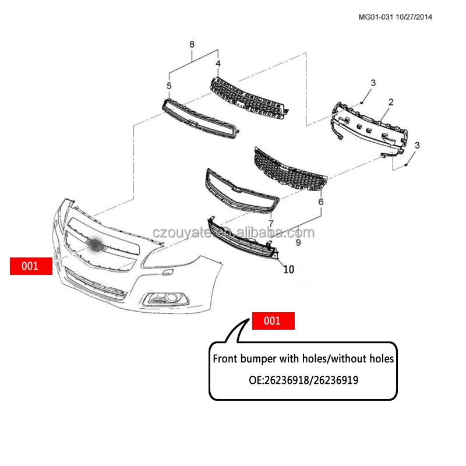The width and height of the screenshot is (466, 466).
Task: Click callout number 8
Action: click(x=192, y=44)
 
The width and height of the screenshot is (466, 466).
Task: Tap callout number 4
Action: click(x=218, y=63)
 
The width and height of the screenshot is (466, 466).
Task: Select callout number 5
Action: click(x=169, y=86)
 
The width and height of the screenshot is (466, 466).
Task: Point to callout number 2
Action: click(x=391, y=103)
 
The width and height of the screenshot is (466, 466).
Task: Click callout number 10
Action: click(x=289, y=270)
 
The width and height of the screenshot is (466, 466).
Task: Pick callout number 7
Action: click(x=271, y=223)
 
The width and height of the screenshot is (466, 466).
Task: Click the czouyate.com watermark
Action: click(x=233, y=233)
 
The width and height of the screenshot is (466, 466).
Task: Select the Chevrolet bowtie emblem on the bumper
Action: click(x=95, y=245)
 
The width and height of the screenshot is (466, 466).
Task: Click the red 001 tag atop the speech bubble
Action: click(x=273, y=321)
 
